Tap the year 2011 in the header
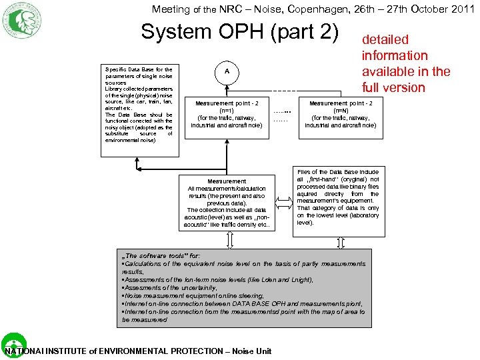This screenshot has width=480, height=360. point(463,9)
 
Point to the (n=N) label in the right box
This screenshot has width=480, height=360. point(340,111)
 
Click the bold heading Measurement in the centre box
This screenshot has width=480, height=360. point(227,181)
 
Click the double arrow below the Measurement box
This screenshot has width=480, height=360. point(227,242)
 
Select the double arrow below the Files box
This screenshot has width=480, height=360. point(341,242)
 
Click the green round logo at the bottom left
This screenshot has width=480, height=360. point(13,344)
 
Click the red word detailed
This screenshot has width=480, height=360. point(385,40)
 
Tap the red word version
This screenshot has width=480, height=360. point(404,87)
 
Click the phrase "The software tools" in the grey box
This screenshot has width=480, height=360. point(154,256)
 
